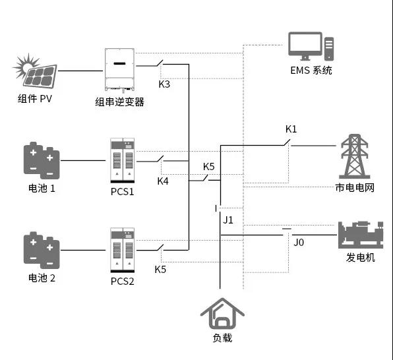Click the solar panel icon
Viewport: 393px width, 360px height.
(x=36, y=71)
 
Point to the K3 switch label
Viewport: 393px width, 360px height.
(x=164, y=84)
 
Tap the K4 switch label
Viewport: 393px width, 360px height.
(x=164, y=181)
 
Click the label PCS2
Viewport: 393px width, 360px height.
(x=122, y=282)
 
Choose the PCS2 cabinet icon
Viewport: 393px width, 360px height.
(x=122, y=251)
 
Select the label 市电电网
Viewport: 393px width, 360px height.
(x=355, y=189)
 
